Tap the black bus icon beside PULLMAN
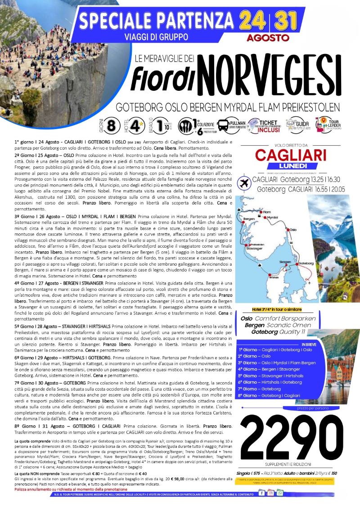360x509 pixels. [223, 125]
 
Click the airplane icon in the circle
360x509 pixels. [246, 184]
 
